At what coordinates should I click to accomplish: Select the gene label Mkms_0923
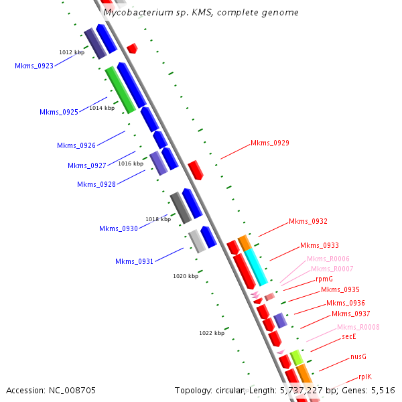(34, 66)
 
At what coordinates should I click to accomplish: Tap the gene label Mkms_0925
(59, 113)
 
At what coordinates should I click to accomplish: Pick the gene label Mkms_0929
(270, 143)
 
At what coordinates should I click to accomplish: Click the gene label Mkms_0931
(134, 262)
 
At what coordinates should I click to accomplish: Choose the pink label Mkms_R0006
(328, 259)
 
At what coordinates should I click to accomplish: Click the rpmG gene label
(324, 279)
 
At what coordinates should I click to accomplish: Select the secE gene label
(348, 337)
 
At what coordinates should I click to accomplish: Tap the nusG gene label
(358, 357)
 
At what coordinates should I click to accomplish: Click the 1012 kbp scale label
(72, 52)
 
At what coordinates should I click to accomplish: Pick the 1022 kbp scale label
(212, 333)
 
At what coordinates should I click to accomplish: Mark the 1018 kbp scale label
(158, 219)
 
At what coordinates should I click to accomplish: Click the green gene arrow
(121, 90)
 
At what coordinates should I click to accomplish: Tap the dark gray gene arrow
(181, 208)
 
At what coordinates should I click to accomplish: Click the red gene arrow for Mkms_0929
(195, 170)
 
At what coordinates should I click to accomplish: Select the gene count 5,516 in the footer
(382, 390)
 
